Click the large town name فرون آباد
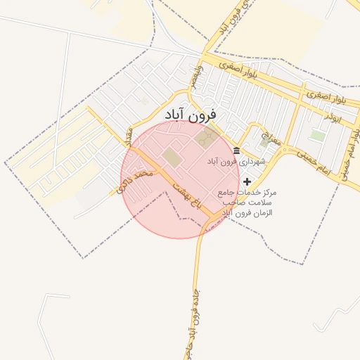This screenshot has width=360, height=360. point(191,113)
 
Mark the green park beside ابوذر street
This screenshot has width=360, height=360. point(318,135)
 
